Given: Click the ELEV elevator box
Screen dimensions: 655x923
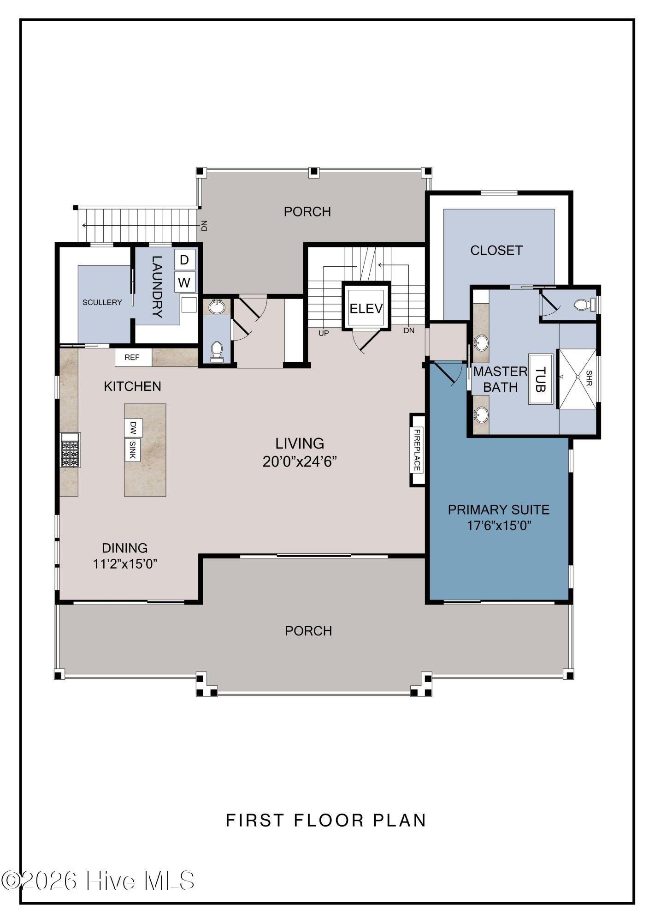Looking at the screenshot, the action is coord(366,306).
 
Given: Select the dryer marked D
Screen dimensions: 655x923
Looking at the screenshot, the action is coord(184,260).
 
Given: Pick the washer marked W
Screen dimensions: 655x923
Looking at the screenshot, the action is coord(184,282).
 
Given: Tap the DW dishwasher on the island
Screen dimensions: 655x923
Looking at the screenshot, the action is coord(133,428).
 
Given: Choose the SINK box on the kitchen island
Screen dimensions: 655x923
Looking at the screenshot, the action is coord(132,450).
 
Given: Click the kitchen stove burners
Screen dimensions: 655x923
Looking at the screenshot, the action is coord(70,454).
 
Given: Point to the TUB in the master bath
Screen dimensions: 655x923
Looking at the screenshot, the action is coord(541,379).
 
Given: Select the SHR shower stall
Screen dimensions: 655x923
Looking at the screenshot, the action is coord(577,378).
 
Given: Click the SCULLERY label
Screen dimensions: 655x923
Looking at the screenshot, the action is coord(102,302).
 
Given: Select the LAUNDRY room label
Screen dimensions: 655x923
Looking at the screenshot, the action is coord(157,287).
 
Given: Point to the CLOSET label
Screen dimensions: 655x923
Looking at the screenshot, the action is coord(496,250).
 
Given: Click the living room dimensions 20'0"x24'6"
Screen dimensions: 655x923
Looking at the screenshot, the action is coord(300,461).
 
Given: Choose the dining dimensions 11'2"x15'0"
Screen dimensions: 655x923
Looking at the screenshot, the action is coord(125,564).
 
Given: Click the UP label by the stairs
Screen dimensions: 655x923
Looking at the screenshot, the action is coord(324,333).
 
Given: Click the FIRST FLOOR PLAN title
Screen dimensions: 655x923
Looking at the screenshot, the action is coord(326,820).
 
